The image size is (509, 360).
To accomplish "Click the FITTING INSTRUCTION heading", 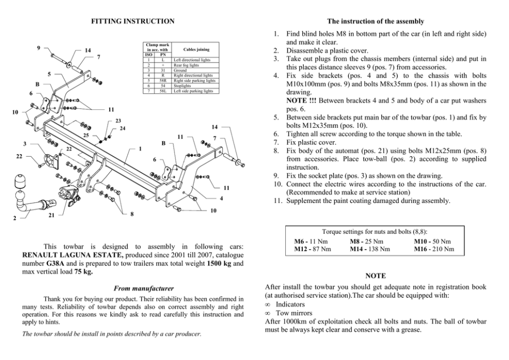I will point(132,21).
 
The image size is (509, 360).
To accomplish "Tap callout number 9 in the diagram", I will point(39,48).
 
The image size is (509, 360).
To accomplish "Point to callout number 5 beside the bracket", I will point(49,74).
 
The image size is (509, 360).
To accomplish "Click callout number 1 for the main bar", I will point(140,148).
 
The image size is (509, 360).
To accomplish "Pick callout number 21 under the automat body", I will point(51,216).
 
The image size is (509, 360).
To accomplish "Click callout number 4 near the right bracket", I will point(221,198).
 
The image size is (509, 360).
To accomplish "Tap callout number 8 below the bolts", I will point(132,214).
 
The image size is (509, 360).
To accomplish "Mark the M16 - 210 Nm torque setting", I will point(434,249).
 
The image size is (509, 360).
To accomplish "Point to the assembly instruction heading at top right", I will point(376,21).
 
